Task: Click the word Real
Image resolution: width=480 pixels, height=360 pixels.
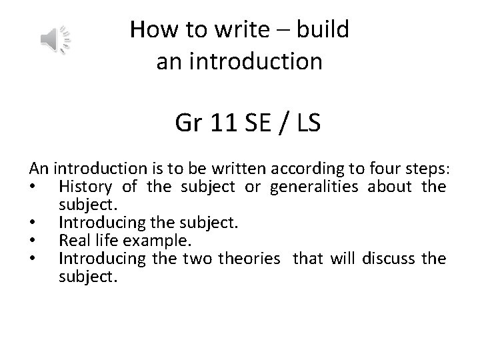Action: (72, 239)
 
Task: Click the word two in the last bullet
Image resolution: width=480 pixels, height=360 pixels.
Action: (196, 257)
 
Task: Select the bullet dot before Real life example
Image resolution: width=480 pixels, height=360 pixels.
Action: (35, 240)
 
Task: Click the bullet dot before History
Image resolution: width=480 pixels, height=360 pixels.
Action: (35, 185)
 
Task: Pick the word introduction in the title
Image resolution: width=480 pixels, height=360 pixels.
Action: (255, 62)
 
